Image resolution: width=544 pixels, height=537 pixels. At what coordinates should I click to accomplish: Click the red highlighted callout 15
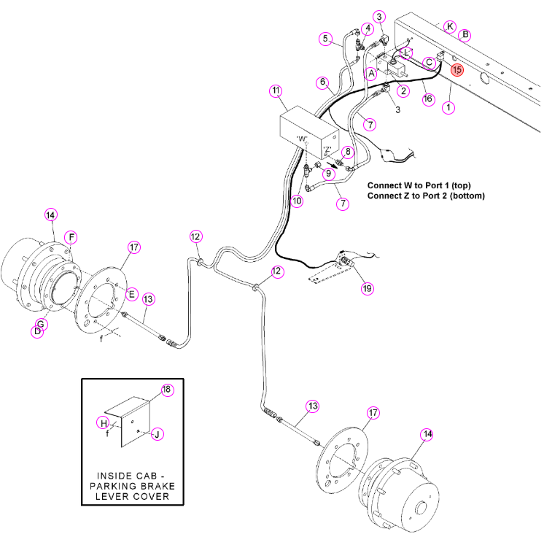tap(457, 70)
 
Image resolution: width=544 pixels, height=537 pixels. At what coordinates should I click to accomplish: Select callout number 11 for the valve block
tap(276, 91)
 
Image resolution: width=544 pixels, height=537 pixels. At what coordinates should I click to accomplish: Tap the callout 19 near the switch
tap(367, 288)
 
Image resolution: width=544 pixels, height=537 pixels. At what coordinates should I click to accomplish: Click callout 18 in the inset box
tap(167, 390)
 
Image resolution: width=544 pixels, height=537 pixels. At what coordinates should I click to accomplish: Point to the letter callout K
tap(450, 26)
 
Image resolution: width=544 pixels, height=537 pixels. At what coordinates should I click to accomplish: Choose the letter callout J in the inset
tap(158, 434)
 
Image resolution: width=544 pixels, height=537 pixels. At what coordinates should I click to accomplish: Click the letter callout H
tap(104, 423)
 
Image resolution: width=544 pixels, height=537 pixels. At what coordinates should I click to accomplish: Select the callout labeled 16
tap(428, 99)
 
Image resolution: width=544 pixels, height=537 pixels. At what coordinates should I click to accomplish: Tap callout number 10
tap(297, 201)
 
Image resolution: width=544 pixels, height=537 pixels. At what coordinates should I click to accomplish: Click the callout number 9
tap(329, 173)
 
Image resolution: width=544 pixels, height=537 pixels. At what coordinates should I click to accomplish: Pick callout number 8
tap(348, 152)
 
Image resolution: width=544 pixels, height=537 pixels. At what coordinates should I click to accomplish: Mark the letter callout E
tap(131, 295)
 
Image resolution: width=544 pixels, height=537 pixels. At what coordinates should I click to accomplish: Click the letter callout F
tap(71, 237)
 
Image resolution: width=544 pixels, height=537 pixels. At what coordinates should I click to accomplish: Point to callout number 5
tap(325, 39)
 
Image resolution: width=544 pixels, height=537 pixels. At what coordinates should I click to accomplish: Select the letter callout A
tap(372, 74)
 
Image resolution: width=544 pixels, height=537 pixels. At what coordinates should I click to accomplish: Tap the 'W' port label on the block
tap(302, 139)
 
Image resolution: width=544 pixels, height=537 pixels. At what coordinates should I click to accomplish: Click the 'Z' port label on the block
tap(327, 150)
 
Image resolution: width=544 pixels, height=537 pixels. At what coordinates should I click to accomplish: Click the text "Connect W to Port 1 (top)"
tap(419, 185)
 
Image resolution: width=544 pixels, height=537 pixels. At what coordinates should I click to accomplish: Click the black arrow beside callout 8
tap(332, 164)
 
